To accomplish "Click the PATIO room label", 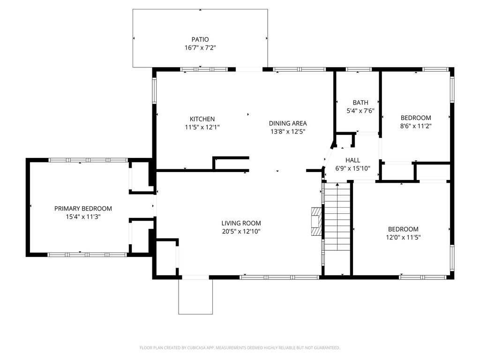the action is [x=200, y=39].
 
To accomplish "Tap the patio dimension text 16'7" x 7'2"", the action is [x=200, y=48].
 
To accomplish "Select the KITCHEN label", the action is [x=202, y=119].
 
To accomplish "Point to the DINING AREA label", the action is [x=288, y=123].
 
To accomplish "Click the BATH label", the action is [x=360, y=103].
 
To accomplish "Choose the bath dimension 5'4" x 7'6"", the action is [x=360, y=111].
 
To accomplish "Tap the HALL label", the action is [x=352, y=160].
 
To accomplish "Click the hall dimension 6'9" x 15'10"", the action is [x=352, y=168].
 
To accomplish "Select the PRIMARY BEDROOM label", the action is [x=83, y=209].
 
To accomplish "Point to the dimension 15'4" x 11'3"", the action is [x=83, y=217].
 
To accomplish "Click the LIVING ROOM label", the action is [x=241, y=223].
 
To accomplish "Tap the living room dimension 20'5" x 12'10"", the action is [x=241, y=232].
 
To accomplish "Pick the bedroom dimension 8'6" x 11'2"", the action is [x=416, y=126].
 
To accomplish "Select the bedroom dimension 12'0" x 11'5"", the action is [x=403, y=237].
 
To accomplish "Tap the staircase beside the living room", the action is [x=337, y=217].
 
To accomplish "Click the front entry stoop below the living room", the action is [x=195, y=297].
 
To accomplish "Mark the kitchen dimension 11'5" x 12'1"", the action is [x=202, y=127].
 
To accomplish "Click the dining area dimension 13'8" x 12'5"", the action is [x=288, y=132].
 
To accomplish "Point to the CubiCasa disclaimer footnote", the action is [x=240, y=348].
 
